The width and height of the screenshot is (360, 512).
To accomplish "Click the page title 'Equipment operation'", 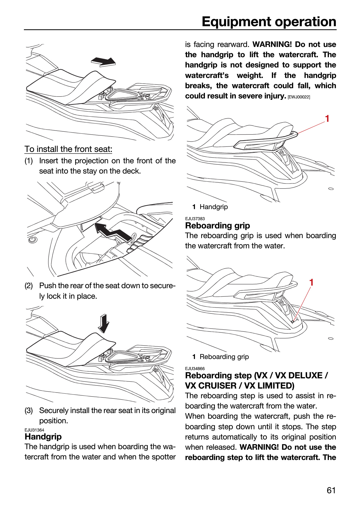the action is (x=269, y=22).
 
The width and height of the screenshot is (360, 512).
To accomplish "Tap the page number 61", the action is (x=331, y=490).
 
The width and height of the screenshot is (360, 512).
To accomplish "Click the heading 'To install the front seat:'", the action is (x=68, y=149).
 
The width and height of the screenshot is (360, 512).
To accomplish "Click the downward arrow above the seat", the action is (x=104, y=323).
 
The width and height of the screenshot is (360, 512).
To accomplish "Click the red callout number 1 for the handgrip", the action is (x=327, y=119).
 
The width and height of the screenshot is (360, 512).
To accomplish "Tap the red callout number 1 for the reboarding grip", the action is (x=312, y=282).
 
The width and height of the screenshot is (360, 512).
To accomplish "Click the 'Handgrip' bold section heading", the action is (x=43, y=437).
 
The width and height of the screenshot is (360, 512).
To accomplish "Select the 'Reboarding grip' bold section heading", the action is (x=218, y=226).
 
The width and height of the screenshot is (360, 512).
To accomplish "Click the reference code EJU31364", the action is (x=34, y=430).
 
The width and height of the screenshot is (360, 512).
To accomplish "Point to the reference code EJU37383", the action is (x=195, y=219).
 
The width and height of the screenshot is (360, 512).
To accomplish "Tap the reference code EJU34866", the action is (x=195, y=369).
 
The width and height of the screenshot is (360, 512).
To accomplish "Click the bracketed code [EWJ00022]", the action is (x=299, y=97).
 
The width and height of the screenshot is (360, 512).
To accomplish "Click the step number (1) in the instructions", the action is (x=29, y=161).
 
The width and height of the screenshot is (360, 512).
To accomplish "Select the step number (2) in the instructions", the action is (x=29, y=286).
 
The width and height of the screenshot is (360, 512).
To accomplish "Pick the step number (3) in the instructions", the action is (x=29, y=411).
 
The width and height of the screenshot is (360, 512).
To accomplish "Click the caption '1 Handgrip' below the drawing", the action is (x=210, y=207).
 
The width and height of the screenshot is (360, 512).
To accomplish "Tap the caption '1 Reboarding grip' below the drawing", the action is (x=221, y=357).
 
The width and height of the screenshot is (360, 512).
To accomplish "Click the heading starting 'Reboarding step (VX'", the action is (x=256, y=381).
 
